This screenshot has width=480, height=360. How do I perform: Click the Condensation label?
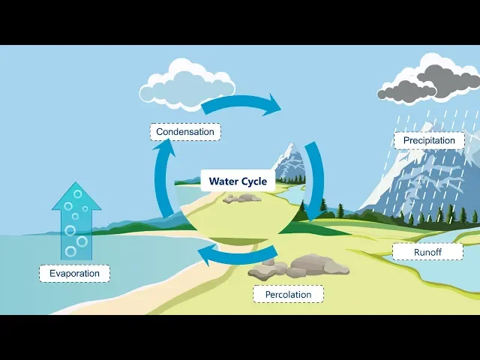click(x=185, y=132)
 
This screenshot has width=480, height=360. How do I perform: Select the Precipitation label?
click(x=429, y=140)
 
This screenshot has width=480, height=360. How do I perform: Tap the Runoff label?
click(x=427, y=252)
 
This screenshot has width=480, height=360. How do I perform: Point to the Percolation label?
click(x=288, y=294)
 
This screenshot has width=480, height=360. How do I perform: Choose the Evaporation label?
click(x=74, y=273)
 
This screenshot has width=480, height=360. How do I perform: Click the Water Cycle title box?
click(x=237, y=181)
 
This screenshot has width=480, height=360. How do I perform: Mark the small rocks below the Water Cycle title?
click(x=241, y=198)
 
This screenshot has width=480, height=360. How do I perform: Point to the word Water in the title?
click(x=223, y=181)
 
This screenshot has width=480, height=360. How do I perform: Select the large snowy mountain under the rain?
click(x=420, y=180)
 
